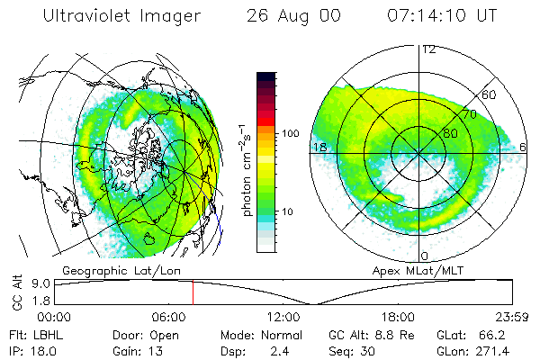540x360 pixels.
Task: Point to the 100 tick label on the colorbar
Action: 290,133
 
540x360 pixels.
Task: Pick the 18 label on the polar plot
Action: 319,147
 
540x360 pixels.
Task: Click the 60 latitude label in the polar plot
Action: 490,94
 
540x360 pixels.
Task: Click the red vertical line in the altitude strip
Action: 193,292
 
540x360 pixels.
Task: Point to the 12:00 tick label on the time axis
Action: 283,317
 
